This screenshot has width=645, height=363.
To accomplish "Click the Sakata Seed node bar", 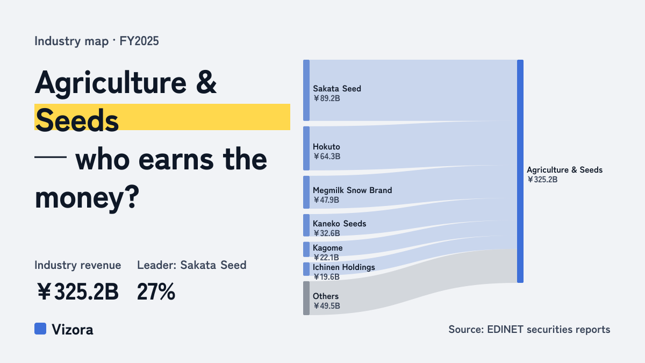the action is [x=306, y=90].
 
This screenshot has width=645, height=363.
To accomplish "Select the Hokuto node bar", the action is [x=306, y=148].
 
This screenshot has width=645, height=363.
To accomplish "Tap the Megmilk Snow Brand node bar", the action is [x=306, y=192].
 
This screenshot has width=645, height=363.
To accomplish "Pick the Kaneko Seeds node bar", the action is [x=306, y=225].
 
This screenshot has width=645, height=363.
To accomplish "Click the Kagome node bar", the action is [x=306, y=249].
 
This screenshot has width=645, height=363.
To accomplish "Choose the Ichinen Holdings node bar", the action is [x=306, y=269].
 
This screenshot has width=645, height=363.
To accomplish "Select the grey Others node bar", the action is [x=306, y=298].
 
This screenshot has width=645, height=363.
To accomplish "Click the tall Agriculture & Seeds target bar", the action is [x=520, y=171].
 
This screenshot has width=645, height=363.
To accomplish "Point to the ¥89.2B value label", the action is [x=327, y=98].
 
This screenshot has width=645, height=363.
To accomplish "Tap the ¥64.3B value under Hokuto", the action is [x=327, y=156].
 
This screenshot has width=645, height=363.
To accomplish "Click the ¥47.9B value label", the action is [x=326, y=200].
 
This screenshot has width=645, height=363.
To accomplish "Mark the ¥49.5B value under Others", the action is [x=327, y=306].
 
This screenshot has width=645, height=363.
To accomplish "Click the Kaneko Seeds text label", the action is [x=340, y=224].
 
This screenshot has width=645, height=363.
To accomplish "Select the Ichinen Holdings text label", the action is [x=344, y=267].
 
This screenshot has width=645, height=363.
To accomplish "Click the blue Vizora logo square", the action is [x=40, y=329].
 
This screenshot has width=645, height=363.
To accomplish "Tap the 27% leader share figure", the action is [x=156, y=291].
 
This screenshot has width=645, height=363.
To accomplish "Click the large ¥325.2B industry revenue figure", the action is [x=78, y=291].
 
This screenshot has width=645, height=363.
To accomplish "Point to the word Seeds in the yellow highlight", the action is [x=77, y=120].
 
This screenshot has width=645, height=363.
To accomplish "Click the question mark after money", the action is [x=132, y=197].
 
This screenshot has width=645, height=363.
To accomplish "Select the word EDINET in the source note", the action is [x=505, y=329].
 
